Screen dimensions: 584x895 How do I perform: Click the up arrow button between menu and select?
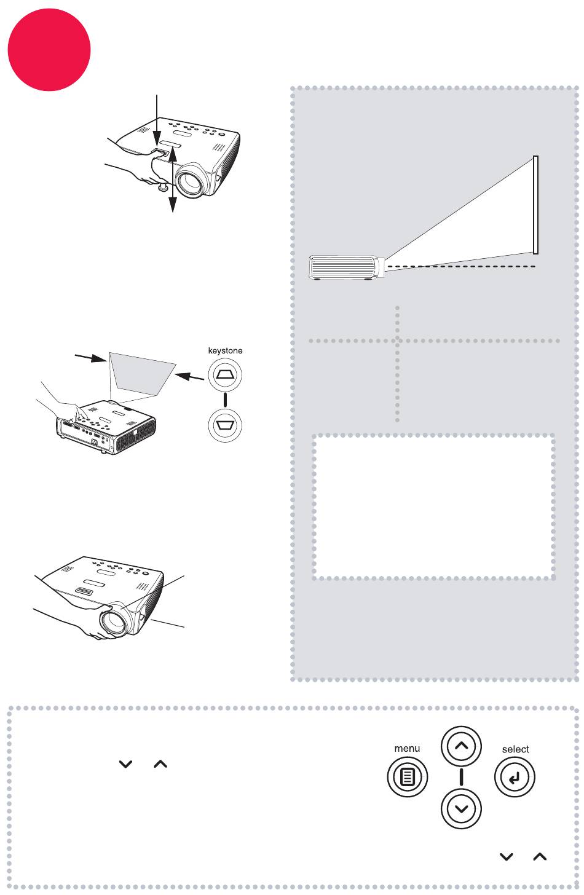click(x=461, y=746)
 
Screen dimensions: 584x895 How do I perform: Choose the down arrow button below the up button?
click(x=461, y=807)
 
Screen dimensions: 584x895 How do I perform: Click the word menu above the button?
click(x=407, y=748)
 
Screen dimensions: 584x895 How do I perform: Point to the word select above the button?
click(x=515, y=749)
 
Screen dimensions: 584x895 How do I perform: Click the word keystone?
click(x=226, y=350)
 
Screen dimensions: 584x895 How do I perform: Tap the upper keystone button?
click(x=226, y=373)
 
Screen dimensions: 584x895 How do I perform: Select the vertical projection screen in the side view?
click(x=535, y=205)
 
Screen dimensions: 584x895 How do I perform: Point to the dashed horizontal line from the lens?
click(x=461, y=266)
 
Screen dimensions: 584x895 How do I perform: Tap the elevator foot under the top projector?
click(x=164, y=185)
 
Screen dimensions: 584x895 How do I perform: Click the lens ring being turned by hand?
click(x=114, y=617)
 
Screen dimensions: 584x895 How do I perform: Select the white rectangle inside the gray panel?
click(x=433, y=506)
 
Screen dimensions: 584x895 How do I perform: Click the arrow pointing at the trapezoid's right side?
click(x=189, y=376)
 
